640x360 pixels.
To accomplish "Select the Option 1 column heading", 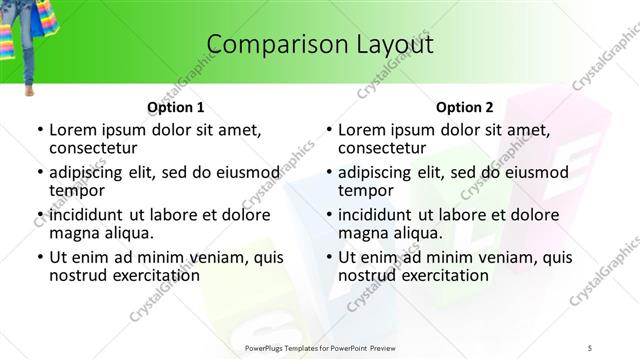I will coord(175,107).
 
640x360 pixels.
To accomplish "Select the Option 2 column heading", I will coord(465,107).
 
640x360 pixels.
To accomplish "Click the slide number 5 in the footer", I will coord(592,348).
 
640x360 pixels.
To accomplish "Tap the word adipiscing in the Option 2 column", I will coord(380,172).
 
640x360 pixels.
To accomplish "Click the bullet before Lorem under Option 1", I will coord(39,130).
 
